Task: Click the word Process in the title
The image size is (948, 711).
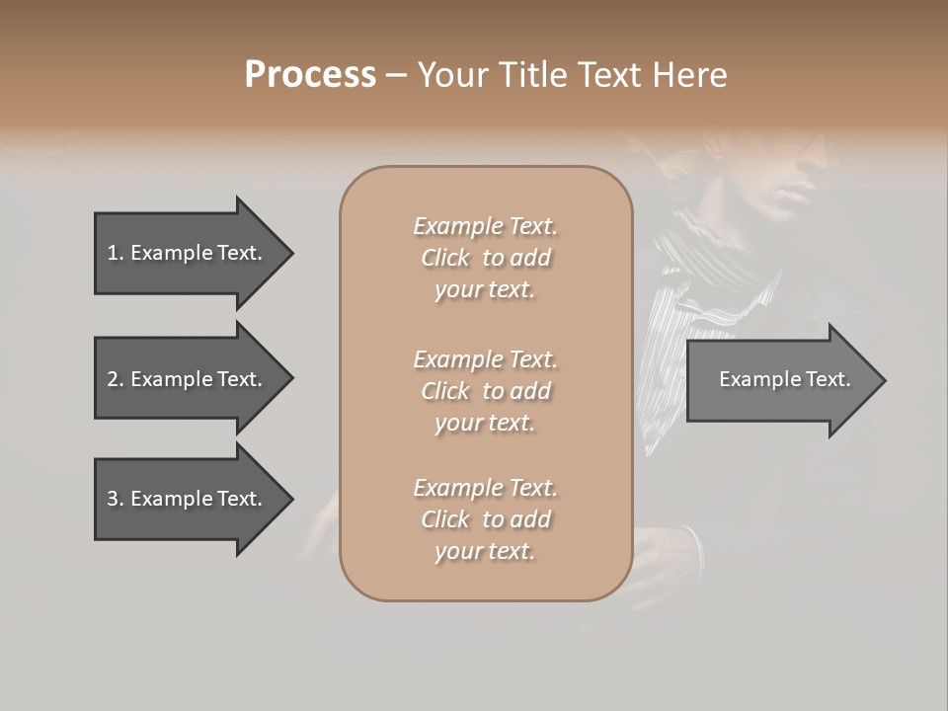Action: pyautogui.click(x=310, y=75)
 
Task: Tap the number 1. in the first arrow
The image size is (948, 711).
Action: pyautogui.click(x=115, y=253)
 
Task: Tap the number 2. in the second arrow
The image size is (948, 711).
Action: pyautogui.click(x=115, y=379)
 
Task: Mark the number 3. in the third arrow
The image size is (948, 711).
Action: pyautogui.click(x=115, y=499)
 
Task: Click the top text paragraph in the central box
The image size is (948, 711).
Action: pyautogui.click(x=485, y=258)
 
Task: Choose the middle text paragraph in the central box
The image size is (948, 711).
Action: pyautogui.click(x=485, y=391)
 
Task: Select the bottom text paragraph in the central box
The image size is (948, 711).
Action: pyautogui.click(x=485, y=519)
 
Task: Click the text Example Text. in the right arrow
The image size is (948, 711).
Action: pyautogui.click(x=784, y=379)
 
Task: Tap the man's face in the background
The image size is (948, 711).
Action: pyautogui.click(x=800, y=173)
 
